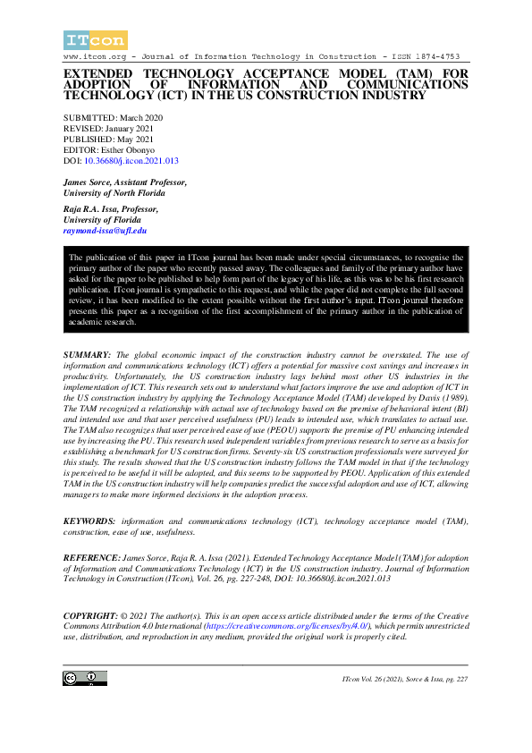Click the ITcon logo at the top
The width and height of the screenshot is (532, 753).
click(x=95, y=39)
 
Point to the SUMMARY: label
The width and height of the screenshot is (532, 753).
click(x=87, y=355)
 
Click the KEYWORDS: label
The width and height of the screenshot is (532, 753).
click(x=89, y=520)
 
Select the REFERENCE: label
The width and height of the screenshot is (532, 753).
click(x=91, y=557)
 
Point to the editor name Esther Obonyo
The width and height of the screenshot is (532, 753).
click(x=128, y=150)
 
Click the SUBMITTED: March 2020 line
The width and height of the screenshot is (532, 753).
click(x=113, y=118)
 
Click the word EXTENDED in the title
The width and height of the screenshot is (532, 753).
click(x=97, y=74)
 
